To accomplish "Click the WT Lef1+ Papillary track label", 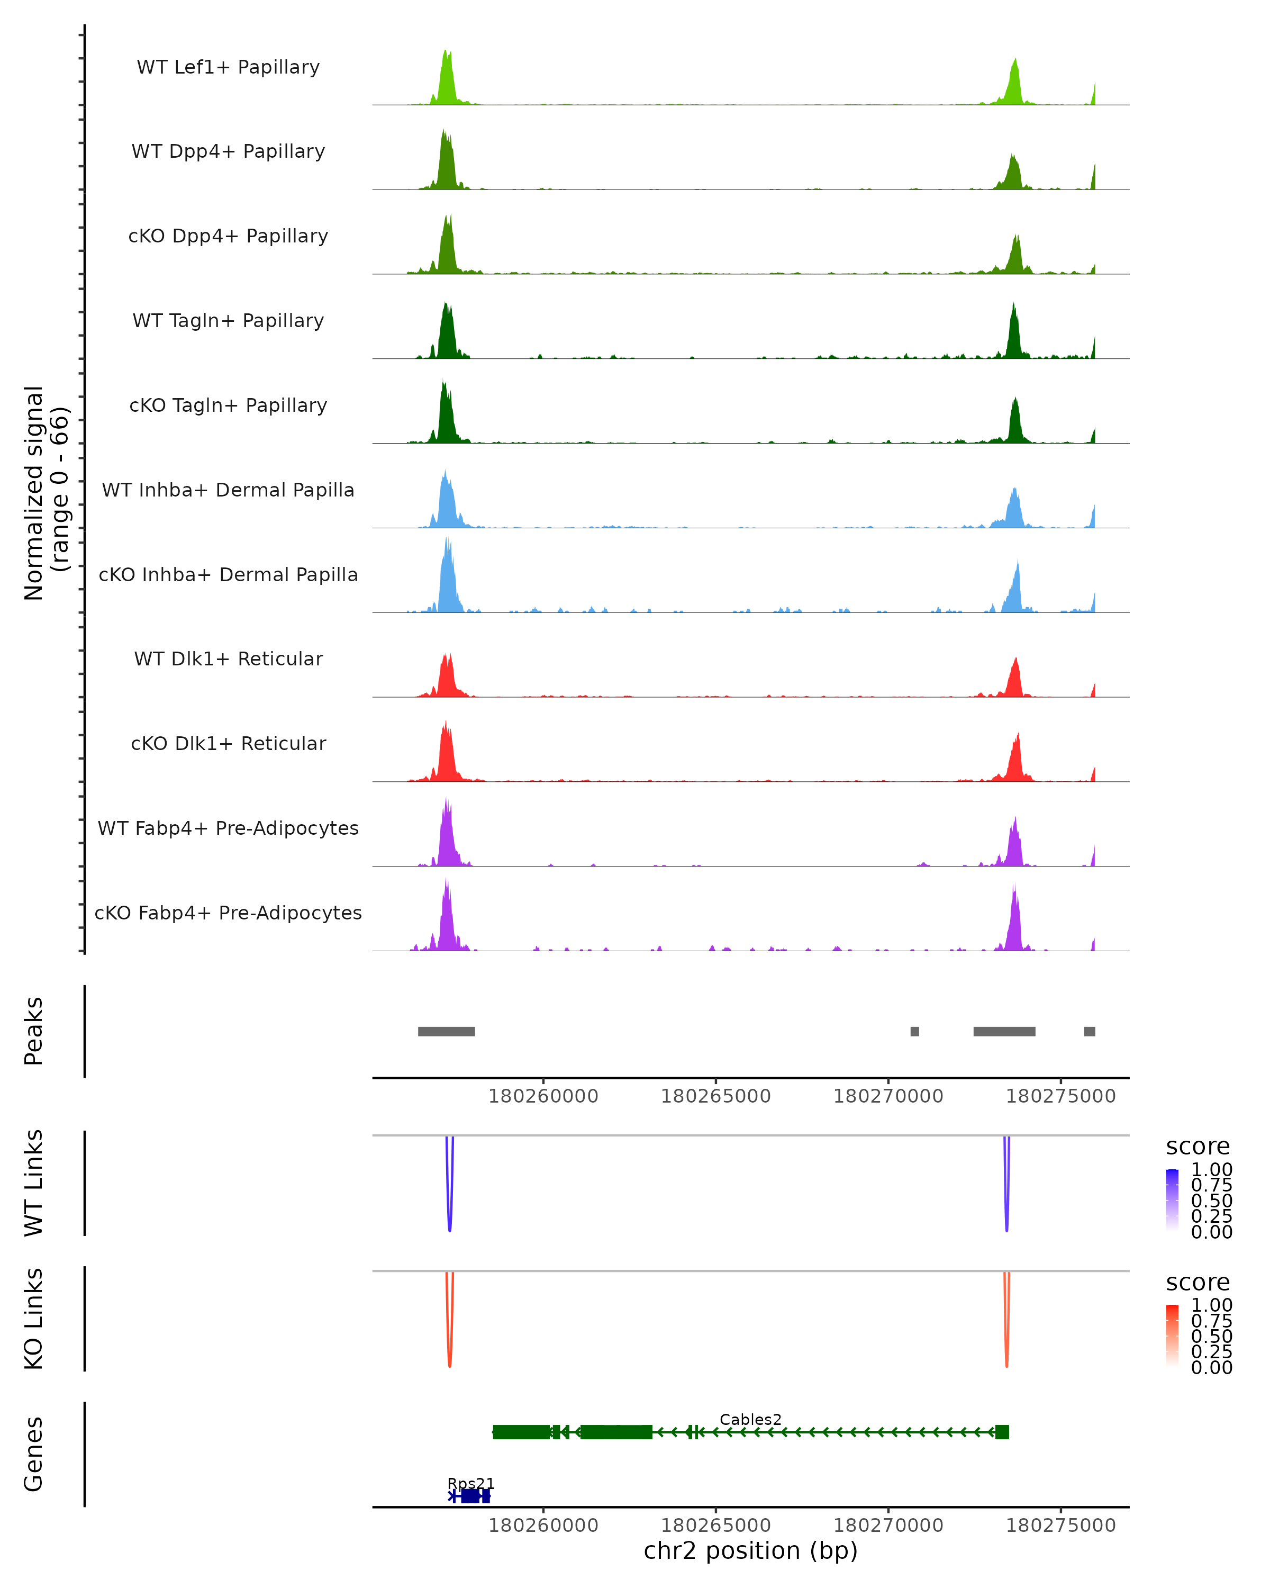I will click(228, 67).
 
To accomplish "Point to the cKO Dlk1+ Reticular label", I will click(228, 743).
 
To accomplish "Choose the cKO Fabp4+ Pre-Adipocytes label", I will click(228, 913).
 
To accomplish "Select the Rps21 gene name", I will click(470, 1483).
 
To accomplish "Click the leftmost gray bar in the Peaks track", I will click(446, 1031).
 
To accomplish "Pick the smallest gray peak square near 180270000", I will click(914, 1031).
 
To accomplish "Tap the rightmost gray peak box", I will click(1090, 1031).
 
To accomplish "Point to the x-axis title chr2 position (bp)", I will click(750, 1550).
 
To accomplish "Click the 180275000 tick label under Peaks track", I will click(1061, 1096).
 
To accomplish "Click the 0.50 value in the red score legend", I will click(1211, 1336).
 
